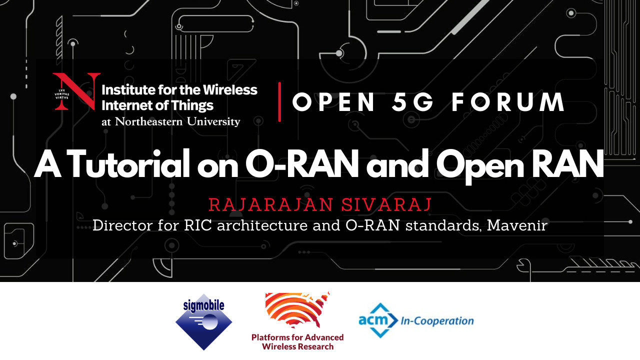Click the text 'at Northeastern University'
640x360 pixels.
coord(171,121)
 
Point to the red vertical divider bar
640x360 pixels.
coord(279,102)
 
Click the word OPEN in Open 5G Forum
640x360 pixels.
coord(333,102)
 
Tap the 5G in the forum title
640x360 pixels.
coord(412,102)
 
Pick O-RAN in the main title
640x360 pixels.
coord(302,164)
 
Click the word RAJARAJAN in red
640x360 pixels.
coord(271,204)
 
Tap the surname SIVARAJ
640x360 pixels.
coord(386,204)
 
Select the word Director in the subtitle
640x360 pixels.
coord(122,225)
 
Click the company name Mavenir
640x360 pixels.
coord(517,225)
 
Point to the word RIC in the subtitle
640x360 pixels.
coord(198,225)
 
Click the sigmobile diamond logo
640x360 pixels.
coord(203,322)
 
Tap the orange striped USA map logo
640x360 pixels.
coord(297,310)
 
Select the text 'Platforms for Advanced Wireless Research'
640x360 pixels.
coord(297,342)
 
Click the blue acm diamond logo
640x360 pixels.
coord(378,320)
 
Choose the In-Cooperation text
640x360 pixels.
coord(437,321)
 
